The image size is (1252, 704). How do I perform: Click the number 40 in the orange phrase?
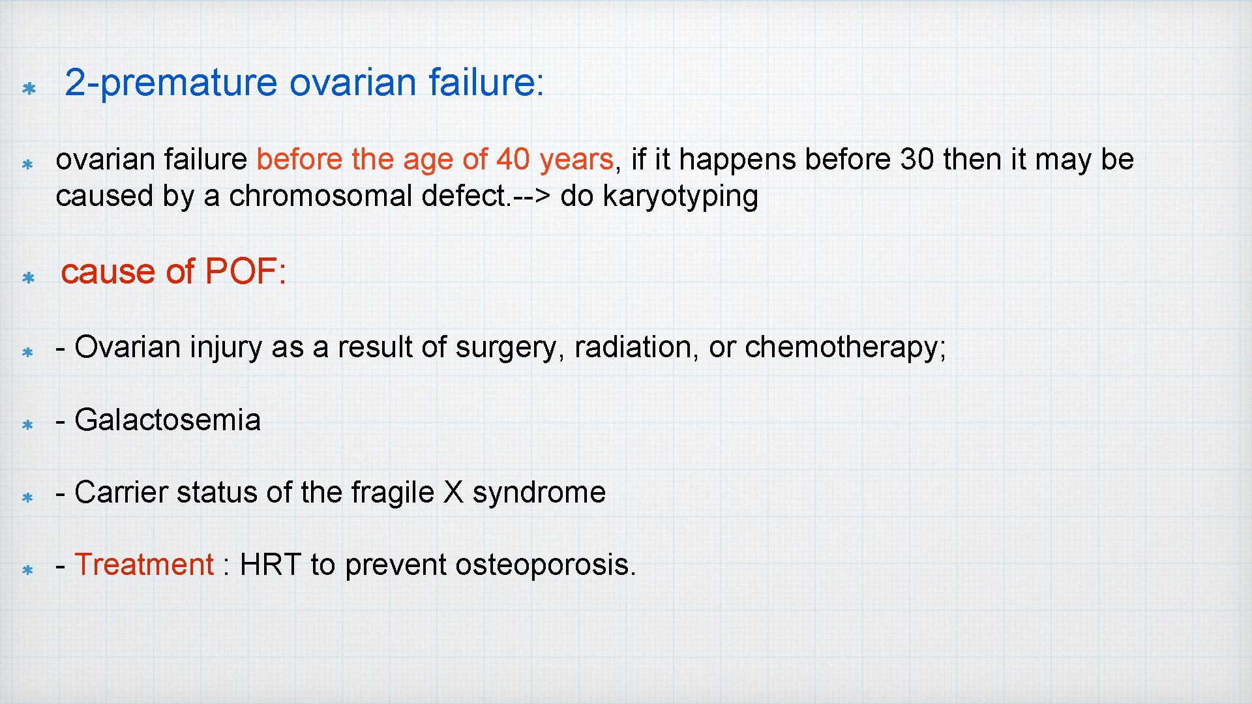point(513,160)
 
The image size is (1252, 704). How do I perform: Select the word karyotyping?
point(680,197)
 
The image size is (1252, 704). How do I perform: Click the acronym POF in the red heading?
point(241,272)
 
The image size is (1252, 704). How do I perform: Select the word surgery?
point(506,348)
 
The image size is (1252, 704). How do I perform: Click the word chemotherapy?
point(844,348)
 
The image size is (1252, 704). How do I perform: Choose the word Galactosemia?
point(168,420)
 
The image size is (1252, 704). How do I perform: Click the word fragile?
point(393,493)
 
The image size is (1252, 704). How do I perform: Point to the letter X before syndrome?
point(453,493)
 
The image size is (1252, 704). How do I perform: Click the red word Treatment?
point(144,565)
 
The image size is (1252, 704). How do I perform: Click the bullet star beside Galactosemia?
point(27,425)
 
